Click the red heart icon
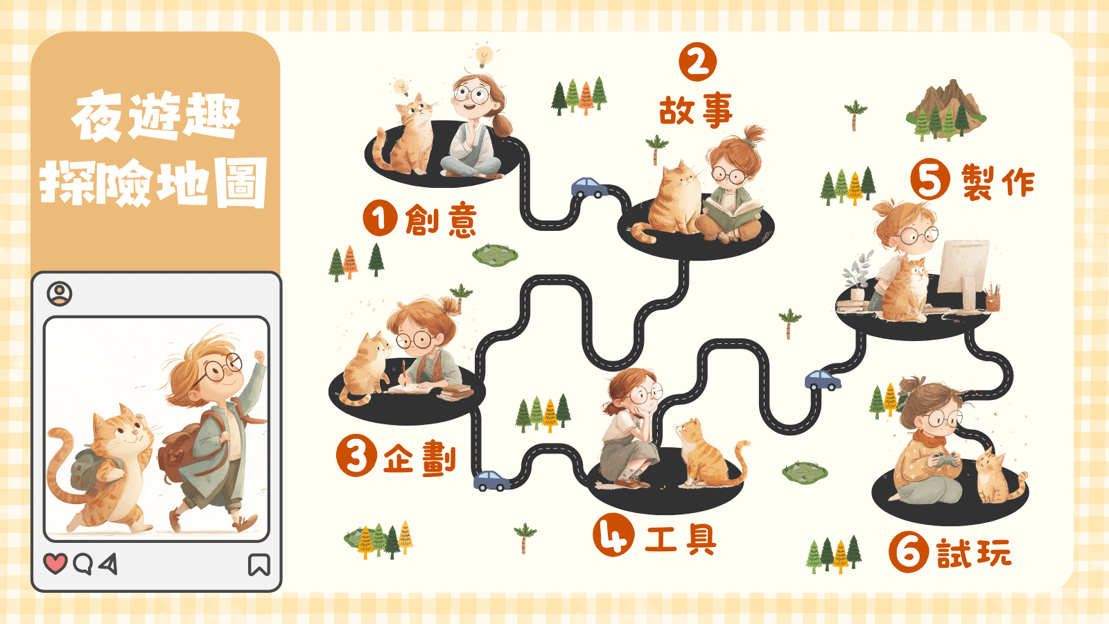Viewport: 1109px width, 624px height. (x=55, y=564)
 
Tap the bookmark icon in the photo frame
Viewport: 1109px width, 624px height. (x=259, y=564)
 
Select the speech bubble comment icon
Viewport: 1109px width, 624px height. (x=82, y=564)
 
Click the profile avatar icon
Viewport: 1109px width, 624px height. (x=60, y=294)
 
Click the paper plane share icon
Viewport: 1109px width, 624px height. (x=108, y=564)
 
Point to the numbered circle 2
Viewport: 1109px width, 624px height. (x=697, y=62)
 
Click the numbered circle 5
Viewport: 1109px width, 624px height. (x=930, y=179)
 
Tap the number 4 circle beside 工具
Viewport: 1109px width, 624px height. (x=613, y=535)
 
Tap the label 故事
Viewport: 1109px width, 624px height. (x=696, y=111)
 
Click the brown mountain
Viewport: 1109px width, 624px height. (x=945, y=109)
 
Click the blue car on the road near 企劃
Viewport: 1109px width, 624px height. (x=491, y=480)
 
